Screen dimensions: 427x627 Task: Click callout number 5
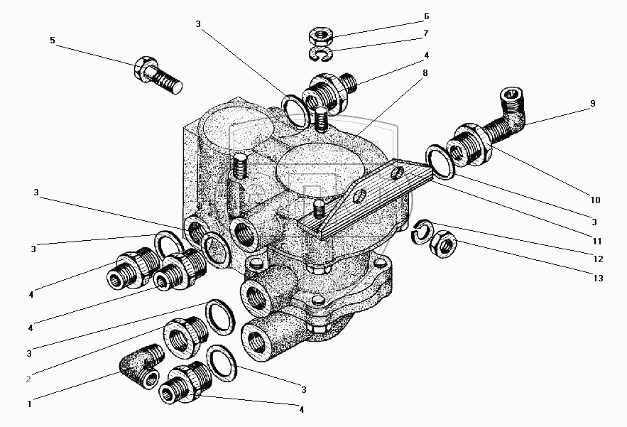coord(52,40)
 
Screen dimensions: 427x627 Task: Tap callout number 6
coord(427,16)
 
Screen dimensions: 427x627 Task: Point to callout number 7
coord(427,33)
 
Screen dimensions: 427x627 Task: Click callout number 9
coord(592,104)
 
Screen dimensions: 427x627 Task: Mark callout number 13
coord(599,279)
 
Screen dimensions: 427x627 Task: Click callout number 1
coord(29,404)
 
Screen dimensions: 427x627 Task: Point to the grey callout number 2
coord(29,379)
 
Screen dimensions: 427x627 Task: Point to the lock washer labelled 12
coord(423,229)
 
